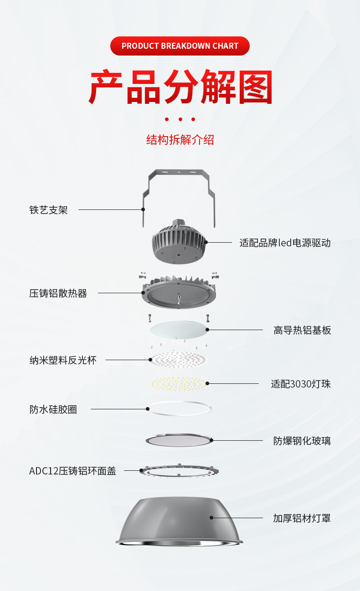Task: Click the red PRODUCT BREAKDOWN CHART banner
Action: point(180,46)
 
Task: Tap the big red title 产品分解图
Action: point(180,87)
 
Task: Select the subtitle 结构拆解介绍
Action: point(180,140)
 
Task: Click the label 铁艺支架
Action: point(48,210)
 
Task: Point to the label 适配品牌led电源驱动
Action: point(285,243)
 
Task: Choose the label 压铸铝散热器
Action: point(58,294)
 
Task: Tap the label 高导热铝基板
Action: point(302,330)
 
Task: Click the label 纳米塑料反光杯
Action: point(63,360)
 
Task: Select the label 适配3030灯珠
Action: point(301,384)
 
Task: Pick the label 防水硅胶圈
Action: point(53,409)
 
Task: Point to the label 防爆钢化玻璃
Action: point(302,441)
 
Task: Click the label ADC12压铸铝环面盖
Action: point(72,471)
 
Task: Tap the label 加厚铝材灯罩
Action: point(302,518)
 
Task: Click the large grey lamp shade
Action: point(179,521)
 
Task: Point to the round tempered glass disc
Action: point(179,440)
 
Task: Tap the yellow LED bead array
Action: point(179,384)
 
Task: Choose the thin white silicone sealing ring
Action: point(179,408)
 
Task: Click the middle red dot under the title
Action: point(180,119)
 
